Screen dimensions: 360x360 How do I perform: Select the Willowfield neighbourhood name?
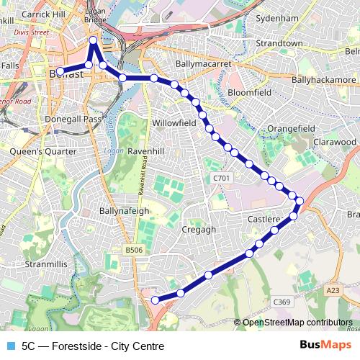[x=174, y=123]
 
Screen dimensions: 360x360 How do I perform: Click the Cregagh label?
[x=199, y=229]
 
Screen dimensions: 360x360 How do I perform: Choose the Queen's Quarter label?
[x=43, y=152]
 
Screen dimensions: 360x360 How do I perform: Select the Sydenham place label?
[x=276, y=17]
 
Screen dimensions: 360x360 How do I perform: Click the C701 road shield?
[x=221, y=178]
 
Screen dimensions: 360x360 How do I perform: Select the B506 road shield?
[x=133, y=249]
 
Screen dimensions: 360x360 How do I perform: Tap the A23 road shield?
[x=333, y=290]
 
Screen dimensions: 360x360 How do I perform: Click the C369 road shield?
[x=282, y=302]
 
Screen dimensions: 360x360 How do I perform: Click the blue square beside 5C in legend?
[x=9, y=346]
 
